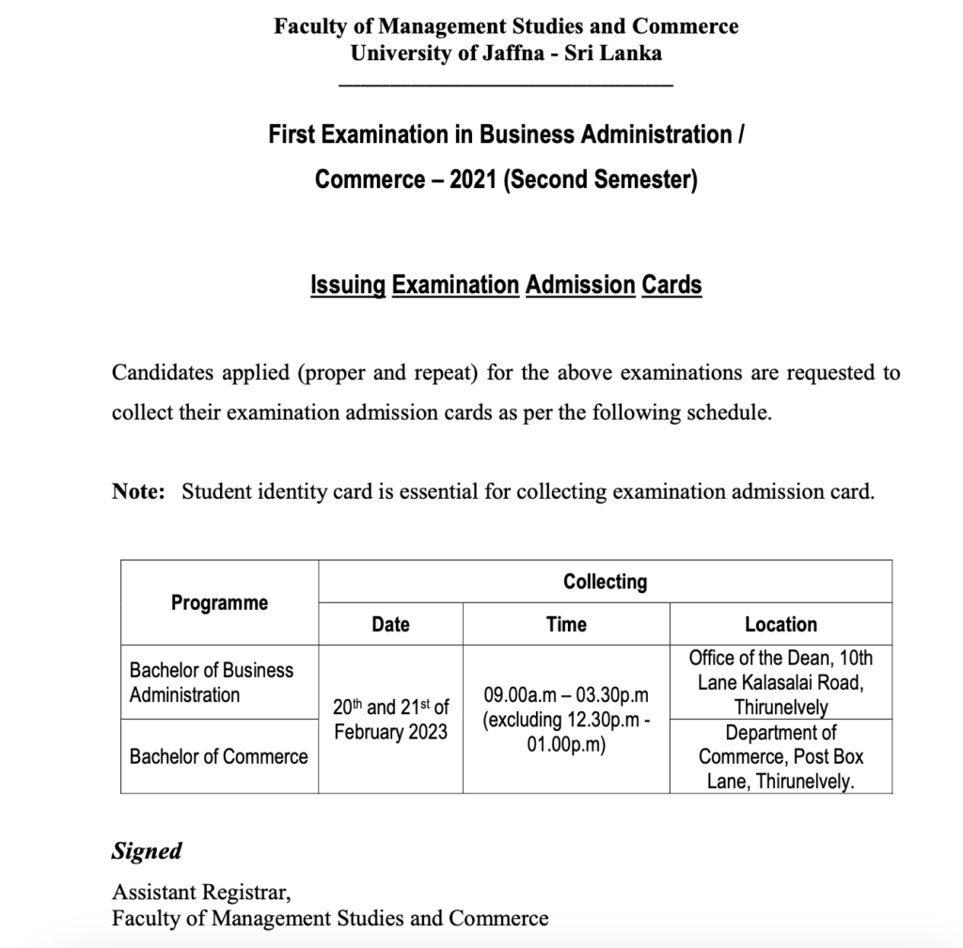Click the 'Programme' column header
pos(219,603)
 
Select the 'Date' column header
pos(390,624)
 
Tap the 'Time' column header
pos(566,624)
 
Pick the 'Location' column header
pos(781,624)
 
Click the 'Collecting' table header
pos(605,582)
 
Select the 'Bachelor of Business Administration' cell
pos(212,682)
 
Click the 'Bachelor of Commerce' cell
pos(218,756)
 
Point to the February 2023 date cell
pos(390,720)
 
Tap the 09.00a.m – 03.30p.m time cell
pos(566,720)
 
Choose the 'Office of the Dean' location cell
pos(781,682)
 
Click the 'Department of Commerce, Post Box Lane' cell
pos(781,756)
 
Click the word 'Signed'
pos(147,851)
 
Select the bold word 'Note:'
pos(138,491)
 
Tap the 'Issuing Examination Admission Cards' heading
pos(506,285)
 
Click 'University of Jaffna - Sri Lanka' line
pos(506,53)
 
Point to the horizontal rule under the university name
pos(506,85)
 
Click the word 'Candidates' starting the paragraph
pos(158,373)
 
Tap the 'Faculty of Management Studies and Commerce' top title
pos(506,26)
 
